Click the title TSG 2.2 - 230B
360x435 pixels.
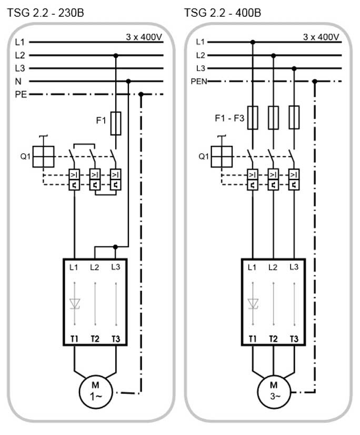coord(44,11)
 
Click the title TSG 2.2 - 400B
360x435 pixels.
coord(223,11)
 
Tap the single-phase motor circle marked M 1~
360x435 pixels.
coord(95,392)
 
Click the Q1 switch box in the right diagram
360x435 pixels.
coord(222,156)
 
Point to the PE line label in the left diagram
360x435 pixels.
coord(21,95)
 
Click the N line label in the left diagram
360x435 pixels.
coord(18,82)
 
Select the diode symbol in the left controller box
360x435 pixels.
coord(75,304)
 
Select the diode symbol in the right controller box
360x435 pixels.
coord(253,304)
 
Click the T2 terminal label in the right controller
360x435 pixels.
coord(273,339)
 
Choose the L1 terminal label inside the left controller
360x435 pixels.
coord(75,268)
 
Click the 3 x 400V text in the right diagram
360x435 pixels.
coord(321,37)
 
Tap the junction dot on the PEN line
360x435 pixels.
coord(315,81)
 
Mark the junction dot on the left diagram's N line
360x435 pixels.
coord(128,81)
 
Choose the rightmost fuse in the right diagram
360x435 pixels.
coord(294,117)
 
